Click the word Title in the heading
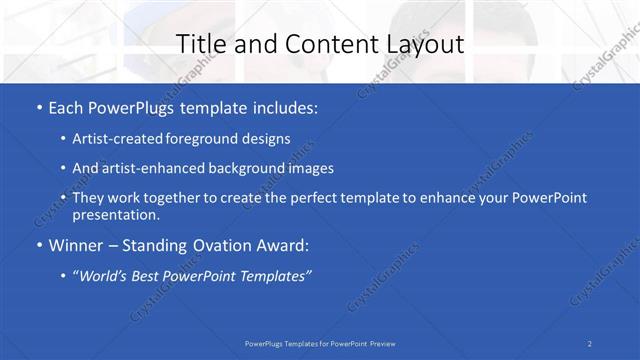(199, 44)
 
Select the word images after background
(306, 168)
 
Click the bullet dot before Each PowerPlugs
(38, 108)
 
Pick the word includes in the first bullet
(284, 108)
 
